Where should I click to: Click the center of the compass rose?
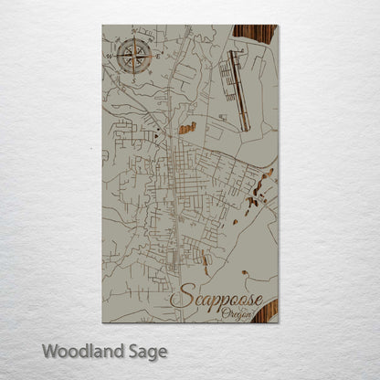coord(132,58)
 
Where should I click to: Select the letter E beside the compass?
coord(156,57)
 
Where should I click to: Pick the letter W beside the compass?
coord(109,58)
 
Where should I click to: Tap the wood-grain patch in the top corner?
coord(256,36)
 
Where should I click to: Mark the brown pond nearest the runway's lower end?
coord(187,129)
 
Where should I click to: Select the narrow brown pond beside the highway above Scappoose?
coord(204,264)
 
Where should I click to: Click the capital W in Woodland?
coord(47,350)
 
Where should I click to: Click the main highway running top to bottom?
coord(177,183)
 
